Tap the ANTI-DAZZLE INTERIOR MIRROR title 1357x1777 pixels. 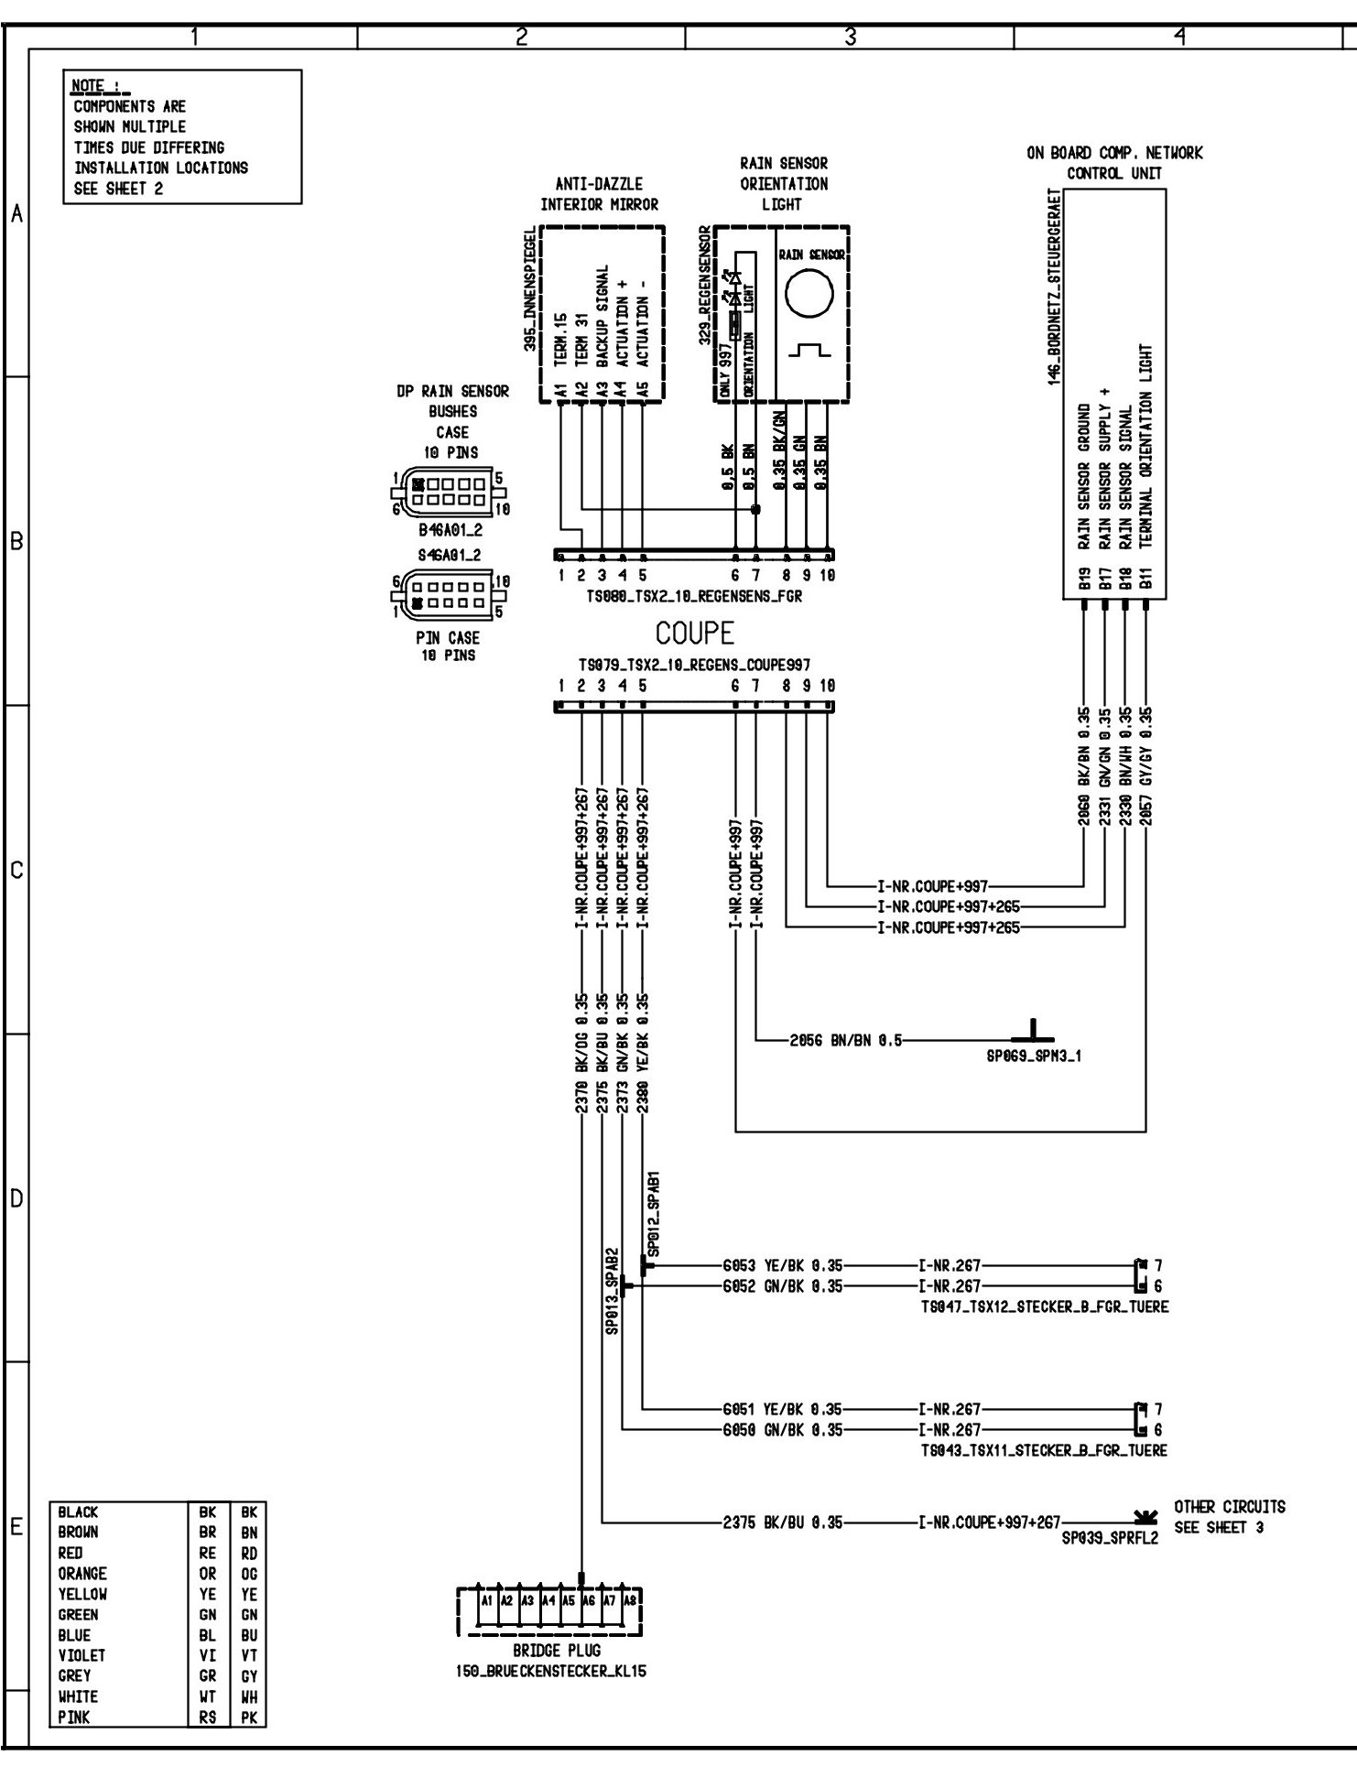(x=599, y=194)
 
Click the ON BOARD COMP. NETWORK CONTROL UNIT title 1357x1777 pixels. (x=1114, y=162)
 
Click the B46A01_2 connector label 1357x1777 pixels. (x=450, y=529)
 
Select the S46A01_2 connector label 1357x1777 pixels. (x=449, y=555)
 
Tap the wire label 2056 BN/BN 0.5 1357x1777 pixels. (x=845, y=1040)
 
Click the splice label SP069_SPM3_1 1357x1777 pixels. (x=1034, y=1056)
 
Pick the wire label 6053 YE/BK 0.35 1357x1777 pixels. (x=782, y=1266)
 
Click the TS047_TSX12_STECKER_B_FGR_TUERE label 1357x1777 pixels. (x=1045, y=1306)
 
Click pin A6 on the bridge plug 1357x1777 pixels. (x=588, y=1600)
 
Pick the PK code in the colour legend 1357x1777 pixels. (x=249, y=1717)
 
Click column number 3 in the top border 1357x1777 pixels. (x=850, y=36)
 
